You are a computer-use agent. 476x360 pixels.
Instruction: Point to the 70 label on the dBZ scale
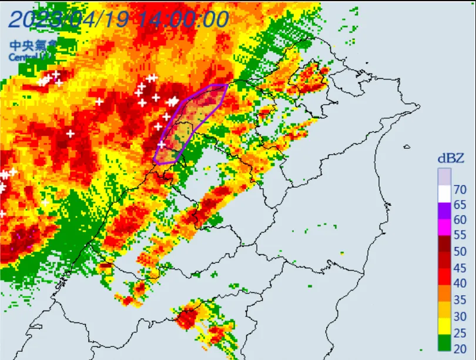tap(461, 189)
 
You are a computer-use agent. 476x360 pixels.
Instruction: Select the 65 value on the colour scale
tap(461, 205)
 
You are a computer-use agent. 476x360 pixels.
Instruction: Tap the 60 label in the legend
tap(461, 220)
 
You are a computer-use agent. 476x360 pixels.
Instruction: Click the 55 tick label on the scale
tap(461, 235)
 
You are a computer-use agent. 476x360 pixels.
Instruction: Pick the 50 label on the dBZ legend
tap(461, 251)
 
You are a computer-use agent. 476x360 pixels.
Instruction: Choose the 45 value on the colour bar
tap(461, 266)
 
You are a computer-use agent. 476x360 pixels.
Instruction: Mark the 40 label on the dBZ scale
tap(461, 282)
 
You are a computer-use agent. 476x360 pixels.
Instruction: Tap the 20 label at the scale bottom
tap(461, 348)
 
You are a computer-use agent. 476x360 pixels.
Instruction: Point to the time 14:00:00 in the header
tap(183, 19)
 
